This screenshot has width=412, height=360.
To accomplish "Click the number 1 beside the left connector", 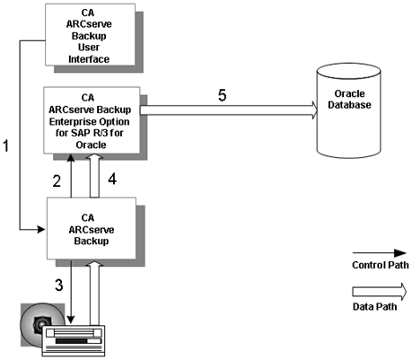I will (x=8, y=145).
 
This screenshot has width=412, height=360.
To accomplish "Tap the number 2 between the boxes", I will (x=56, y=181).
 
